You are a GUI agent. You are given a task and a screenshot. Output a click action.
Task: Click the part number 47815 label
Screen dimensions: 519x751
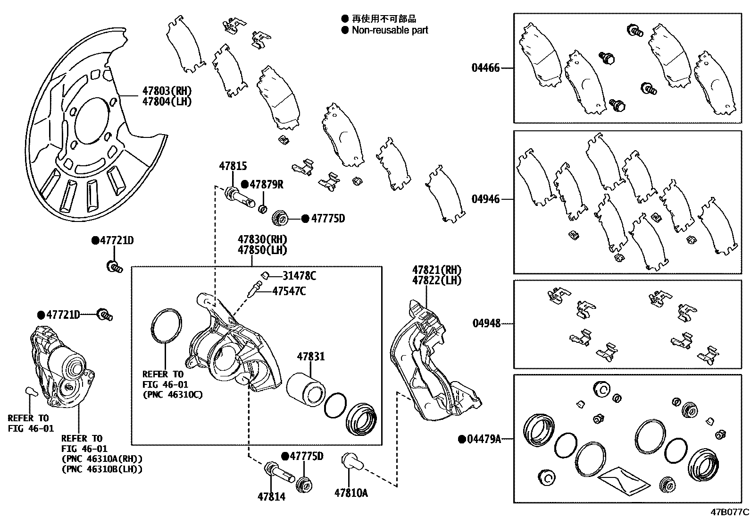tap(233, 166)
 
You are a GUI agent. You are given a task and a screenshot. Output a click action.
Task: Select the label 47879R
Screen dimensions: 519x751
tap(267, 185)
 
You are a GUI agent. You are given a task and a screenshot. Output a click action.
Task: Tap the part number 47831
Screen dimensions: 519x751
tap(310, 357)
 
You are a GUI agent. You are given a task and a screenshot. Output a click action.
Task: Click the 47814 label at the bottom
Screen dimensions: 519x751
tap(271, 496)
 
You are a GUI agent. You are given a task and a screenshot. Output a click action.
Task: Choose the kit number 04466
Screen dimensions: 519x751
tap(485, 68)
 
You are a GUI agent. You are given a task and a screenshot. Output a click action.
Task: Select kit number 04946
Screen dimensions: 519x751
tap(485, 199)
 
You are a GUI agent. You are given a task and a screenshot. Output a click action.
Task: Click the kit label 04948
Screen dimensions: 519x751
tap(486, 323)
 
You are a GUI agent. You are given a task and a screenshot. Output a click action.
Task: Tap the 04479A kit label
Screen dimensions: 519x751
tap(483, 439)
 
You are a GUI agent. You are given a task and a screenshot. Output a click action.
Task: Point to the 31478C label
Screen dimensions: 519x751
tap(299, 276)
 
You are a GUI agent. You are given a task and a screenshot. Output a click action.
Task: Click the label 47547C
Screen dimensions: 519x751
tap(289, 291)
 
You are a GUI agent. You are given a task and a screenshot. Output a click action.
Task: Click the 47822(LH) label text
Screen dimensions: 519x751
tap(437, 281)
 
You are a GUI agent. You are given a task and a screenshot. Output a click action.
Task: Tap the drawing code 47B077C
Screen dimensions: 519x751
tap(730, 512)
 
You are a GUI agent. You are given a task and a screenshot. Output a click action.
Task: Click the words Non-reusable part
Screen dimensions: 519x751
tap(390, 30)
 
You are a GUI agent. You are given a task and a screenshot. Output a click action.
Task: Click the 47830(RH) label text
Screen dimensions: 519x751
tap(262, 240)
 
